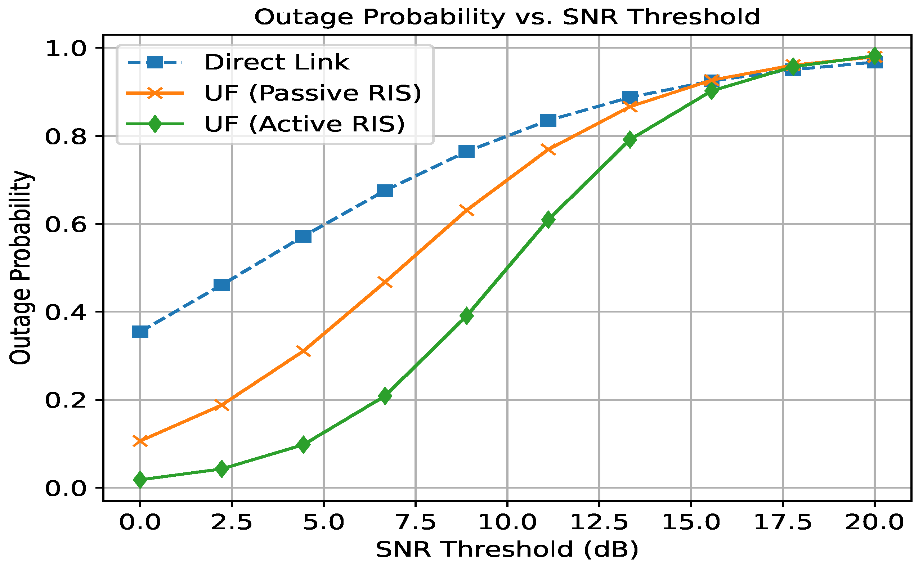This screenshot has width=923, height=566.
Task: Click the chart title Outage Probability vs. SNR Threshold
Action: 507,17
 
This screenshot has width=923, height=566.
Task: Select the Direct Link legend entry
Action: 277,62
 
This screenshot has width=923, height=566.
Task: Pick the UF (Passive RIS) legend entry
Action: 313,93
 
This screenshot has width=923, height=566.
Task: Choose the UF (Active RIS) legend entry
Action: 305,124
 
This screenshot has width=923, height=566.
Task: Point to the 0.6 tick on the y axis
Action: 64,224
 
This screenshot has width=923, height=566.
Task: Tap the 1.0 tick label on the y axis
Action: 64,49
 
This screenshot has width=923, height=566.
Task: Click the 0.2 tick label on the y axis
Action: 64,400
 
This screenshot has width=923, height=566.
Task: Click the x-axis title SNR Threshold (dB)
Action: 507,549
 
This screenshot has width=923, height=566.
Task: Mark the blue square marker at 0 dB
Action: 140,332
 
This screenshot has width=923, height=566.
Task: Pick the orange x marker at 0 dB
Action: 140,441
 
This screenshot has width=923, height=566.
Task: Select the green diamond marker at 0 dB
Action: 140,480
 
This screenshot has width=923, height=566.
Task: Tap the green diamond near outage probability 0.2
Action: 385,396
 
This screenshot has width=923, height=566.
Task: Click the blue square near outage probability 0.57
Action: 304,236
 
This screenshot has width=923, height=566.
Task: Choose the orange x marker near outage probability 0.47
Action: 385,282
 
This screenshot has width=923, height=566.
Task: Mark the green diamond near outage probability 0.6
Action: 548,220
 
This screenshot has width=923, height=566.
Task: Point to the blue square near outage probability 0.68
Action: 385,191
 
